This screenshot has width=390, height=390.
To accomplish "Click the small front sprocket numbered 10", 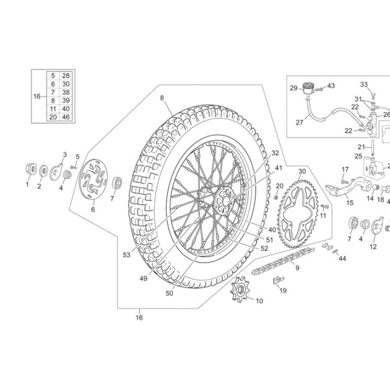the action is point(240,289).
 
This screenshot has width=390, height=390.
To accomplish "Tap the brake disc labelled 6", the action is point(93,179).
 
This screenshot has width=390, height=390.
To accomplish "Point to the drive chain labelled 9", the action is point(283,261).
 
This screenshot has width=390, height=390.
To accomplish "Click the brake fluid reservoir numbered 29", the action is point(308,89).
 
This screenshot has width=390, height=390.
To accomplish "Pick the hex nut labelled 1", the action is point(31,169).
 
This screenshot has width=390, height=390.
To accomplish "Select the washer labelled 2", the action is point(44,171).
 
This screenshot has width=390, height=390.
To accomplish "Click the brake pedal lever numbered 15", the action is point(348,187).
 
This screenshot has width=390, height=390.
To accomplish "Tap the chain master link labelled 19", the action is point(279,280).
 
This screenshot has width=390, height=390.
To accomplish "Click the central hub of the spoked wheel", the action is point(225,201).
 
